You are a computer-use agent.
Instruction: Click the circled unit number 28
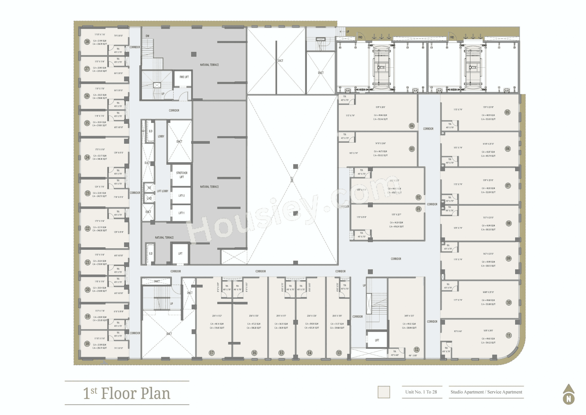click(x=87, y=42)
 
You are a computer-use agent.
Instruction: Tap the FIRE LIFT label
click(x=184, y=77)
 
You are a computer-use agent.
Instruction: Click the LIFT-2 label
click(x=181, y=196)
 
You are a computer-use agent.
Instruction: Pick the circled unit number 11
click(x=509, y=335)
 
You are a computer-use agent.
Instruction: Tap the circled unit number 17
click(x=212, y=353)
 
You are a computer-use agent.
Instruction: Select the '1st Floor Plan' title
click(x=127, y=393)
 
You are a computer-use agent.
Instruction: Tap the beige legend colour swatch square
click(x=384, y=392)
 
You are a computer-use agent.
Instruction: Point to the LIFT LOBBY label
click(x=163, y=191)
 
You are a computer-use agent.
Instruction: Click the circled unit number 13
click(x=339, y=353)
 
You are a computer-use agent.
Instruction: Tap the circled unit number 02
click(x=418, y=197)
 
